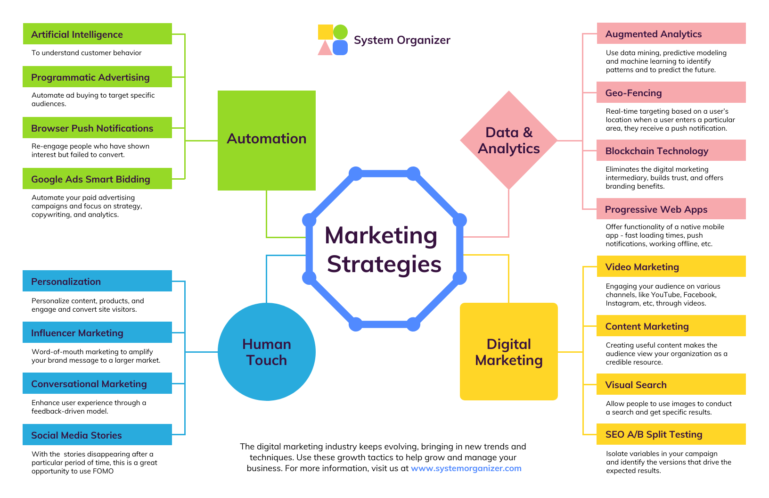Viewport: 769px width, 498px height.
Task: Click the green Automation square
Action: (x=266, y=140)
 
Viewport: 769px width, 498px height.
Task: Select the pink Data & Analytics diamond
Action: (x=509, y=140)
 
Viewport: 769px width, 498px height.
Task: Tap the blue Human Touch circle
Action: (x=266, y=352)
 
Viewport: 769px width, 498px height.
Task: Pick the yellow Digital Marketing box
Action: (x=509, y=352)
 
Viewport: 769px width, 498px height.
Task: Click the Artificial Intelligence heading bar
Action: (x=97, y=34)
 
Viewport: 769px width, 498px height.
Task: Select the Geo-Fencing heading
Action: (x=671, y=92)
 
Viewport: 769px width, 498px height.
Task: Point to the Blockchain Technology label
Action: (x=657, y=151)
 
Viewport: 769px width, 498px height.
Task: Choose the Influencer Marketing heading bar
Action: (x=97, y=332)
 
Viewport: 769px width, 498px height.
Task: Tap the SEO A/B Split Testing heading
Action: (x=671, y=434)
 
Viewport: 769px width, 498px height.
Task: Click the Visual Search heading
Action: (x=671, y=384)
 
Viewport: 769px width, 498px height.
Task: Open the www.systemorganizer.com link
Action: (x=466, y=468)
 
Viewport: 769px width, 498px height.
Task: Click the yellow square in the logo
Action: (x=325, y=32)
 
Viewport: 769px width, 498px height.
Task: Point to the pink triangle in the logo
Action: (x=325, y=49)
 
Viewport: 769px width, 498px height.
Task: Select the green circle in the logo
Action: (x=340, y=32)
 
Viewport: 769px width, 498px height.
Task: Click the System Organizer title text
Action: (x=402, y=40)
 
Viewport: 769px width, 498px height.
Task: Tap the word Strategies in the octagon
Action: (x=384, y=264)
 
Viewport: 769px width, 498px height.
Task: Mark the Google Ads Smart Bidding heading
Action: (x=97, y=179)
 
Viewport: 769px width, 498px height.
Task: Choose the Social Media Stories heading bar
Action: (x=97, y=435)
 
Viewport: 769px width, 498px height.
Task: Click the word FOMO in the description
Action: (x=103, y=471)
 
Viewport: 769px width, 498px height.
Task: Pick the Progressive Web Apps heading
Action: (x=671, y=209)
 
